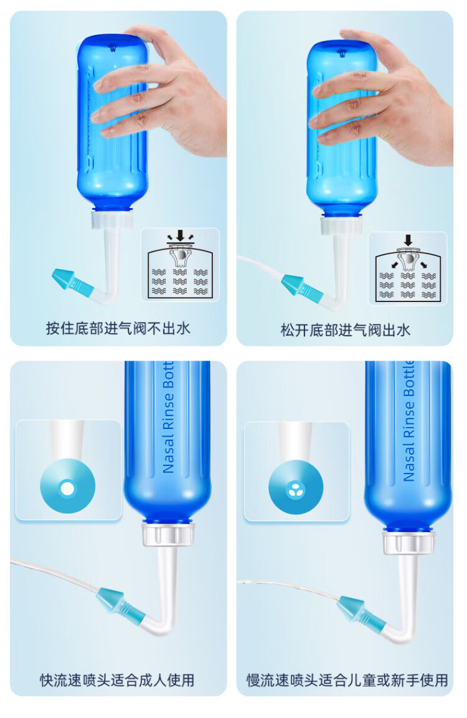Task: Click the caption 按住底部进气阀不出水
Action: tap(118, 328)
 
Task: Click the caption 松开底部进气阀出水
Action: tap(345, 329)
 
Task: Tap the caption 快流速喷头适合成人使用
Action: tap(117, 680)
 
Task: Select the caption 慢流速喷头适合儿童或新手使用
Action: tap(347, 680)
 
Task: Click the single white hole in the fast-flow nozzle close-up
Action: tap(67, 489)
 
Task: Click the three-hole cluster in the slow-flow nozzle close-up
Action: tap(295, 489)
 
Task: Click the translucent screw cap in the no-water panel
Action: tap(112, 219)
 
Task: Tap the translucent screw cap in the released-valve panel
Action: tap(342, 225)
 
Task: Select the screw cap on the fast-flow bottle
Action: tap(168, 534)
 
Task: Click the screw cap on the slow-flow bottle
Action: tap(408, 542)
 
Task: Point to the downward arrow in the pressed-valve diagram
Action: tap(181, 235)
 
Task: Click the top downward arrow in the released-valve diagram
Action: tap(408, 240)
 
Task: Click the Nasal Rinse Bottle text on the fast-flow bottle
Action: tap(168, 417)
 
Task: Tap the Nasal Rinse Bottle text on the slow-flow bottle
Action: tap(408, 422)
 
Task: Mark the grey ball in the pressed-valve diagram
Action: tap(181, 255)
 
